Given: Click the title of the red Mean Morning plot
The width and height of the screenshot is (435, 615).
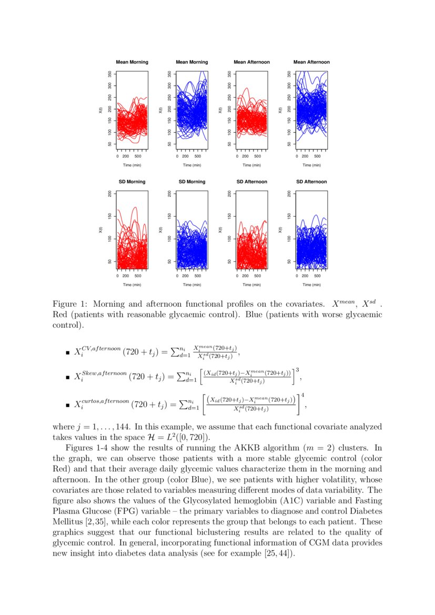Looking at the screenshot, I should [132, 62].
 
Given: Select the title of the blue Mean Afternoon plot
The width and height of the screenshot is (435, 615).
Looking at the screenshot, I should [311, 62].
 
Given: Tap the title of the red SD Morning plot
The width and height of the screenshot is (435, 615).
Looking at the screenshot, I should [132, 182].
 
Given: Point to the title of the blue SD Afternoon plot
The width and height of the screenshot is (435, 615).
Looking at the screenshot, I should [311, 182].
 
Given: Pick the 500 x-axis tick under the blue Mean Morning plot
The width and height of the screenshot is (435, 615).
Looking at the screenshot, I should [198, 156].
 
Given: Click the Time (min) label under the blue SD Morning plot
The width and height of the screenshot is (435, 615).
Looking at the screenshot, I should [192, 285].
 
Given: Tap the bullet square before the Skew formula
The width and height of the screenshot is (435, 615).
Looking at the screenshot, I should [67, 378].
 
